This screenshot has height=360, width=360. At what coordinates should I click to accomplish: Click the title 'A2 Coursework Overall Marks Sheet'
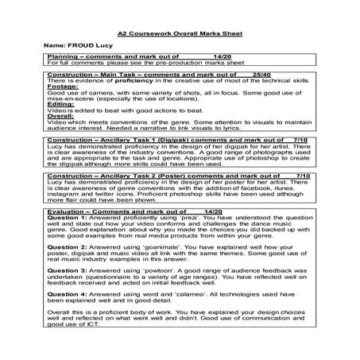pos(180,37)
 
